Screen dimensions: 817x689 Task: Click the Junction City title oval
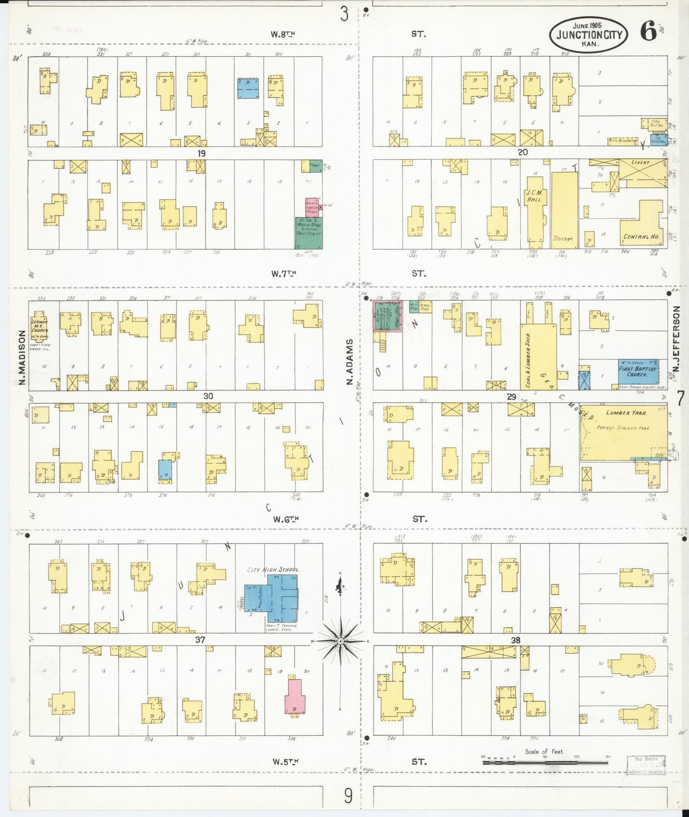[x=588, y=34]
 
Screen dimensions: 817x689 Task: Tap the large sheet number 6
[x=648, y=32]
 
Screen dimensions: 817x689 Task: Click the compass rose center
[x=340, y=642]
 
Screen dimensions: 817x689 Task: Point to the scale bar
[x=545, y=762]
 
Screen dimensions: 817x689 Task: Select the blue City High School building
[x=272, y=598]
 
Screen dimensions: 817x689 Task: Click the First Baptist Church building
[x=638, y=371]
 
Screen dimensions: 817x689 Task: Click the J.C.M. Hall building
[x=535, y=210]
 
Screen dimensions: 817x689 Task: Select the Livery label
[x=640, y=163]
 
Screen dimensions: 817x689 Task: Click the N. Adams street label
[x=350, y=362]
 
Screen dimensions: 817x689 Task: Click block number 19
[x=202, y=153]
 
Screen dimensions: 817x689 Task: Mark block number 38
[x=515, y=640]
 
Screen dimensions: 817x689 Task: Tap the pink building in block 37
[x=295, y=697]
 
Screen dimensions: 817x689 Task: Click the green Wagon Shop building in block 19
[x=309, y=233]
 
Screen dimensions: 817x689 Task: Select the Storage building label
[x=563, y=238]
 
